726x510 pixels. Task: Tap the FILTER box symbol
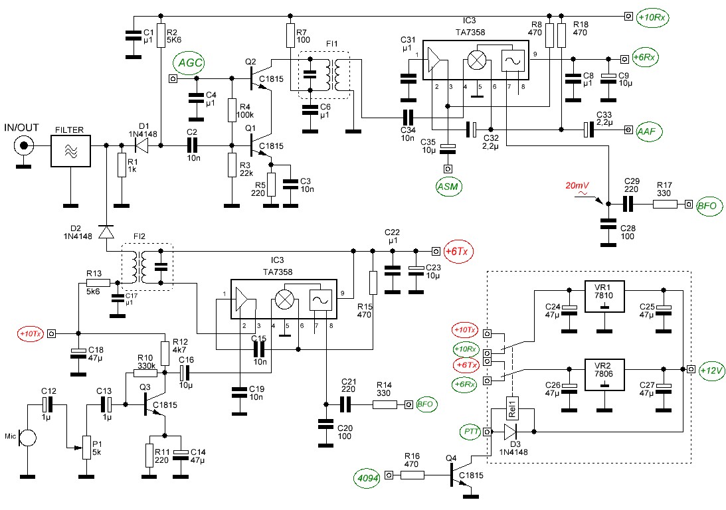pyautogui.click(x=70, y=150)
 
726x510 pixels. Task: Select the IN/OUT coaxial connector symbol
pyautogui.click(x=23, y=147)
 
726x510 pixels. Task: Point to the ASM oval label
pyautogui.click(x=448, y=187)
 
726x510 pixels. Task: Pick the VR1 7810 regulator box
pyautogui.click(x=604, y=296)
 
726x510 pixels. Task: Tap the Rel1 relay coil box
pyautogui.click(x=512, y=408)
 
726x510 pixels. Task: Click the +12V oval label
pyautogui.click(x=711, y=371)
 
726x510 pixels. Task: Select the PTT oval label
pyautogui.click(x=471, y=432)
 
